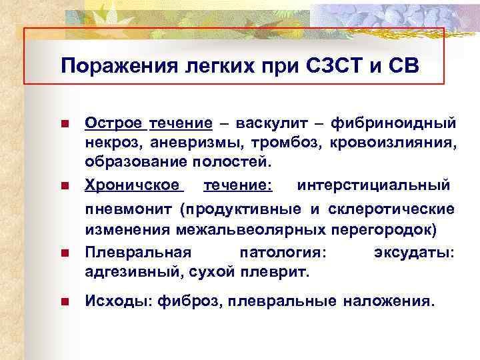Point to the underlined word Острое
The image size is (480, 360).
(x=113, y=123)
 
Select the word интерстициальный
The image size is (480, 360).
(x=373, y=183)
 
